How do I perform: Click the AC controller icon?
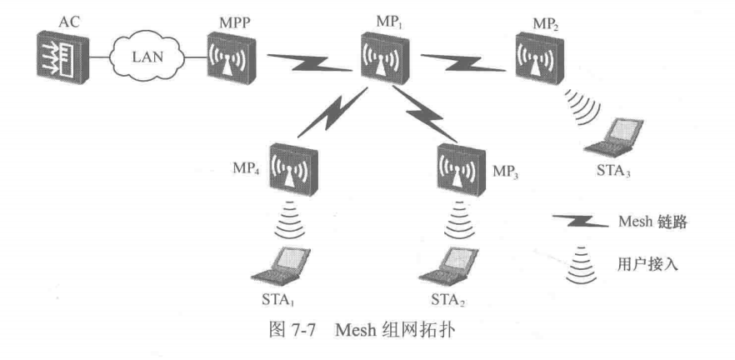pos(60,58)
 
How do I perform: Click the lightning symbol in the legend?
pos(576,222)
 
